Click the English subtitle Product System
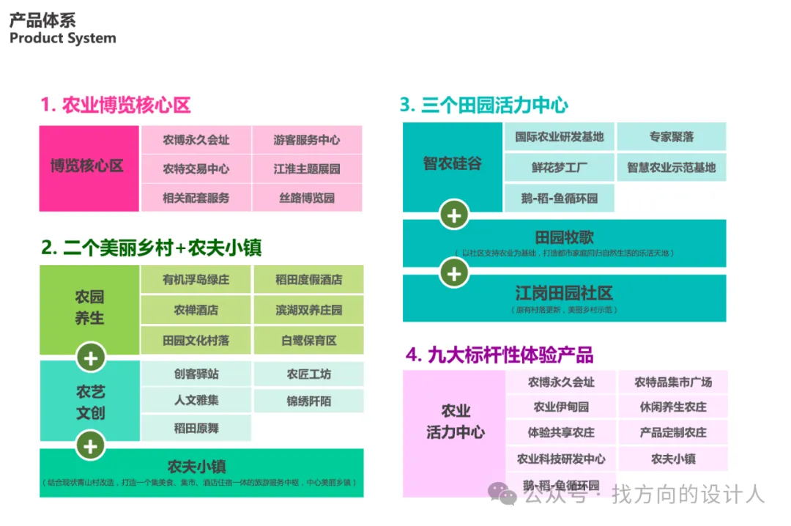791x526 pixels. click(62, 39)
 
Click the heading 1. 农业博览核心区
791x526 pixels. click(116, 105)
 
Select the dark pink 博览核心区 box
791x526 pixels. click(89, 168)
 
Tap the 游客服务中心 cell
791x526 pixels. click(307, 140)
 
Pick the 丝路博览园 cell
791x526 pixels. click(307, 198)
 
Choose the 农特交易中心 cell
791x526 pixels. click(196, 169)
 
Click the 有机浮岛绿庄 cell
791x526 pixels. click(196, 280)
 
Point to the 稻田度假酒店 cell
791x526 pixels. click(308, 280)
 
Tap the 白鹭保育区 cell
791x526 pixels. click(308, 341)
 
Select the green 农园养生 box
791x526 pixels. click(89, 308)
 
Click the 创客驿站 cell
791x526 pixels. click(196, 374)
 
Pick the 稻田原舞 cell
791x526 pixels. click(196, 428)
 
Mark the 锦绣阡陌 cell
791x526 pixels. click(308, 401)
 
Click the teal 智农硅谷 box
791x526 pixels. click(452, 163)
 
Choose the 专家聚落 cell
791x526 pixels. click(671, 137)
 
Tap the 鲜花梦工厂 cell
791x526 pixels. click(560, 168)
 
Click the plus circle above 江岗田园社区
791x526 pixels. click(454, 273)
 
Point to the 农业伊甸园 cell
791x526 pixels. click(561, 407)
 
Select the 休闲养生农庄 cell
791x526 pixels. click(673, 407)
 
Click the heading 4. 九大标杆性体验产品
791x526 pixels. click(500, 356)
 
